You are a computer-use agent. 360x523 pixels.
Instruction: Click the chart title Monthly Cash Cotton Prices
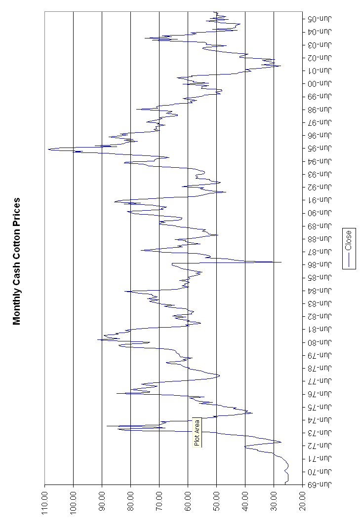tap(17, 261)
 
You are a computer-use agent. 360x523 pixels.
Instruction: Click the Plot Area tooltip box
tap(197, 433)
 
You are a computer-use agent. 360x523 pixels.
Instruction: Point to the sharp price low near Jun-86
tap(281, 262)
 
